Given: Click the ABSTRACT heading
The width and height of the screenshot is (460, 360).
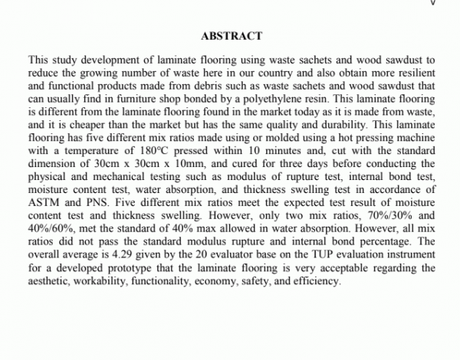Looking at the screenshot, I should coord(231,36).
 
